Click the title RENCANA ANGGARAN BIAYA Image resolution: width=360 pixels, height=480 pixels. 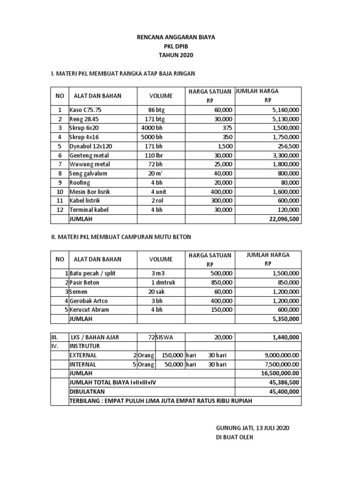tap(176, 37)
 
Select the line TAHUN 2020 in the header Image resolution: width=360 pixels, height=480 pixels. tap(176, 55)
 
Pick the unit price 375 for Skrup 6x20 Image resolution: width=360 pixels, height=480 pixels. tap(227, 127)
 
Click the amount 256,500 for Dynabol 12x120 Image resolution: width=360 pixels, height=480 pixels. tap(286, 146)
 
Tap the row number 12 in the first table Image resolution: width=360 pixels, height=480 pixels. tap(60, 210)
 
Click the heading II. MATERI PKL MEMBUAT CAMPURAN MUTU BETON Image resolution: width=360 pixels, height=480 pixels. tap(121, 237)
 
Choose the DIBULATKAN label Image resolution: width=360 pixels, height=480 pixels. tap(87, 391)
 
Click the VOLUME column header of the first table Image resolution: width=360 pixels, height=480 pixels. tap(161, 96)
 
